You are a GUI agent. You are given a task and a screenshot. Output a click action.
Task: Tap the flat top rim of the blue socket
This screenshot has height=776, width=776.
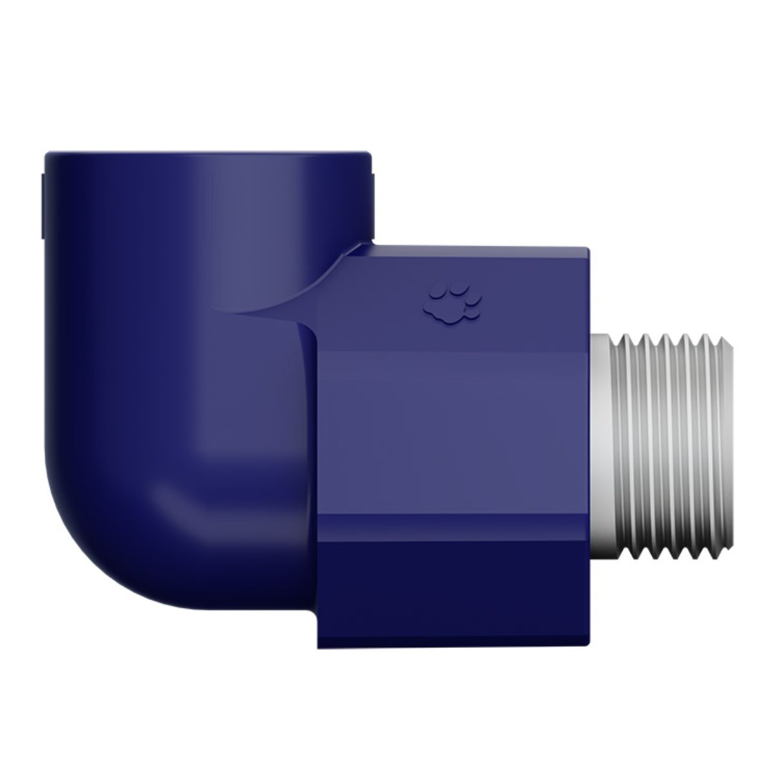coord(207,154)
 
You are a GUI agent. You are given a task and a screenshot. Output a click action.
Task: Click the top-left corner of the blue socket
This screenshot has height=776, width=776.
coord(45,156)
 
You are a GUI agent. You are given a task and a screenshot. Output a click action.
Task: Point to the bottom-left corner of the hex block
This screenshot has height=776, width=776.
coord(318,647)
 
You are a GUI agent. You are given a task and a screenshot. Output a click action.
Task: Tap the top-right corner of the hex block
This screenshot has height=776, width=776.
coord(587,248)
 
